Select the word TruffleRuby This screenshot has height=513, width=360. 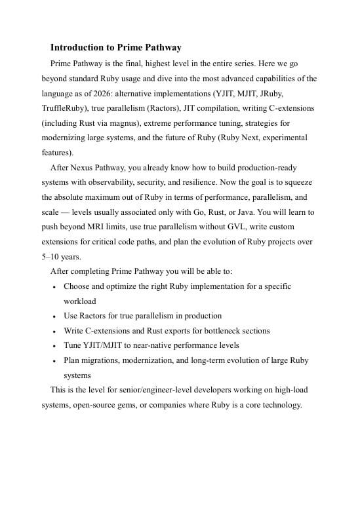[64, 108]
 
